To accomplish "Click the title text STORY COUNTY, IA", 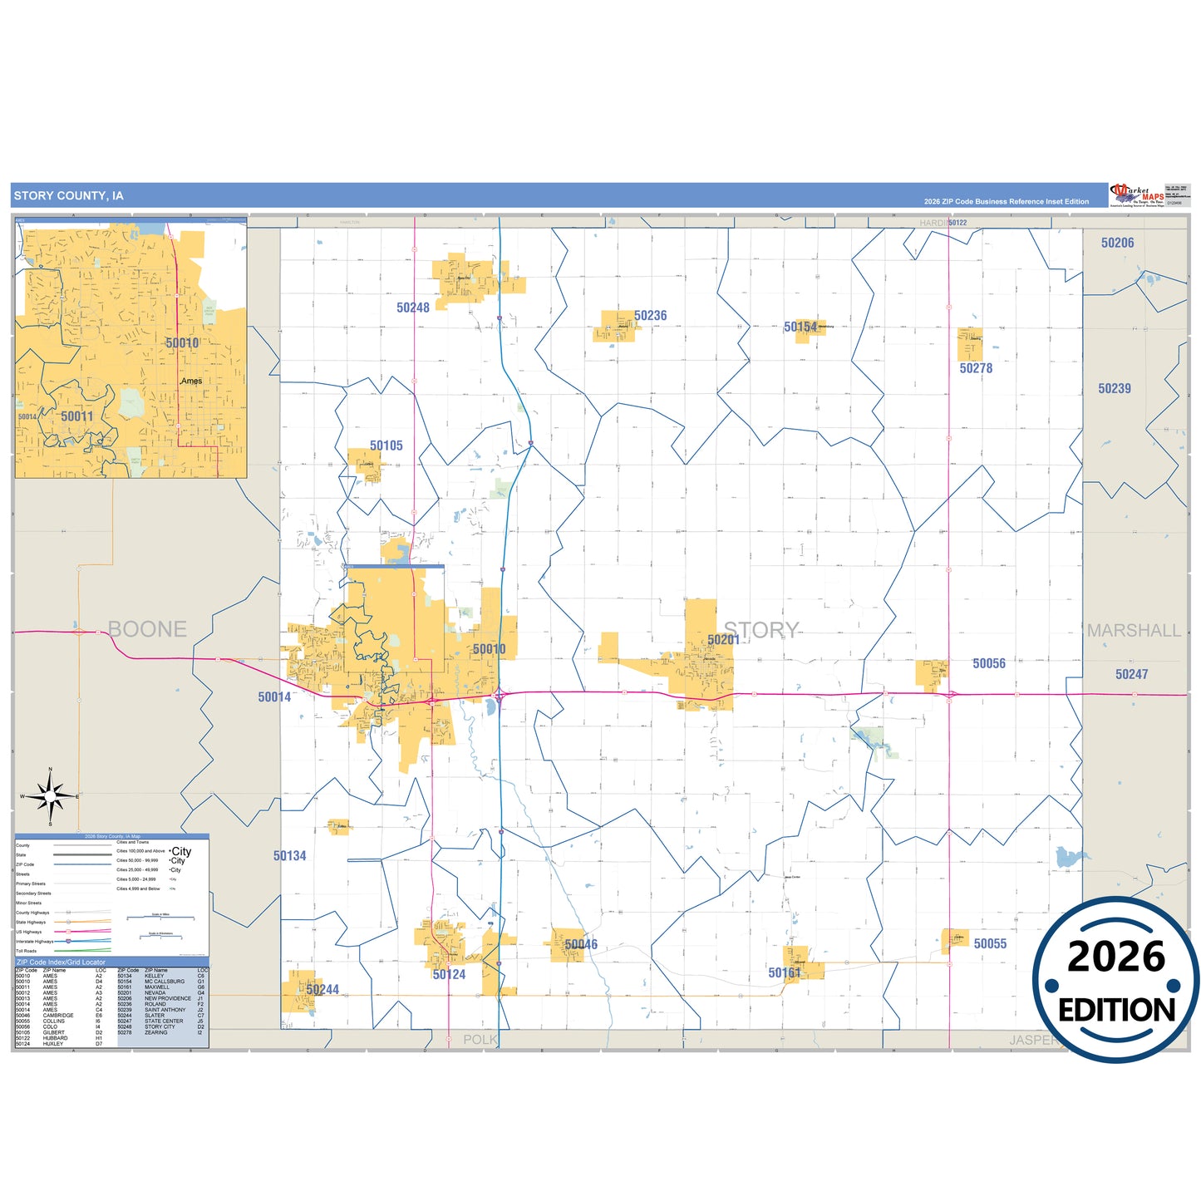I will click(x=69, y=196).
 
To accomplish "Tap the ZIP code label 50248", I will click(x=413, y=308).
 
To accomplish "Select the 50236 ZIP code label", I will click(x=650, y=316).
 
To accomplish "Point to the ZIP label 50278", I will click(x=976, y=368).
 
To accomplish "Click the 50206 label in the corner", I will click(x=1117, y=243).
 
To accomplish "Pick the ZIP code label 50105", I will click(x=386, y=446).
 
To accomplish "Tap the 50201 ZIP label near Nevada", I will click(x=723, y=639).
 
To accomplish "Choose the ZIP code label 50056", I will click(x=989, y=663).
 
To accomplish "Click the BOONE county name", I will click(x=148, y=629).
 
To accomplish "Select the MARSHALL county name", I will click(x=1134, y=631).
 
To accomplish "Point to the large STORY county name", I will click(x=761, y=630).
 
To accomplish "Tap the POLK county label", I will click(x=480, y=1040).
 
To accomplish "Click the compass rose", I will click(x=51, y=796).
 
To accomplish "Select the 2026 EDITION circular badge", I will click(x=1116, y=982).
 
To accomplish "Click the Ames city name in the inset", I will click(x=192, y=381).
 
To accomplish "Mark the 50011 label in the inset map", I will click(x=77, y=416).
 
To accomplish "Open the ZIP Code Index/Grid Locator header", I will click(x=62, y=962).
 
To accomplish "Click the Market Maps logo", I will click(x=1137, y=195).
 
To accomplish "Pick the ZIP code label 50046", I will click(x=581, y=944).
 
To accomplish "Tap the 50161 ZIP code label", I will click(x=785, y=972).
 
